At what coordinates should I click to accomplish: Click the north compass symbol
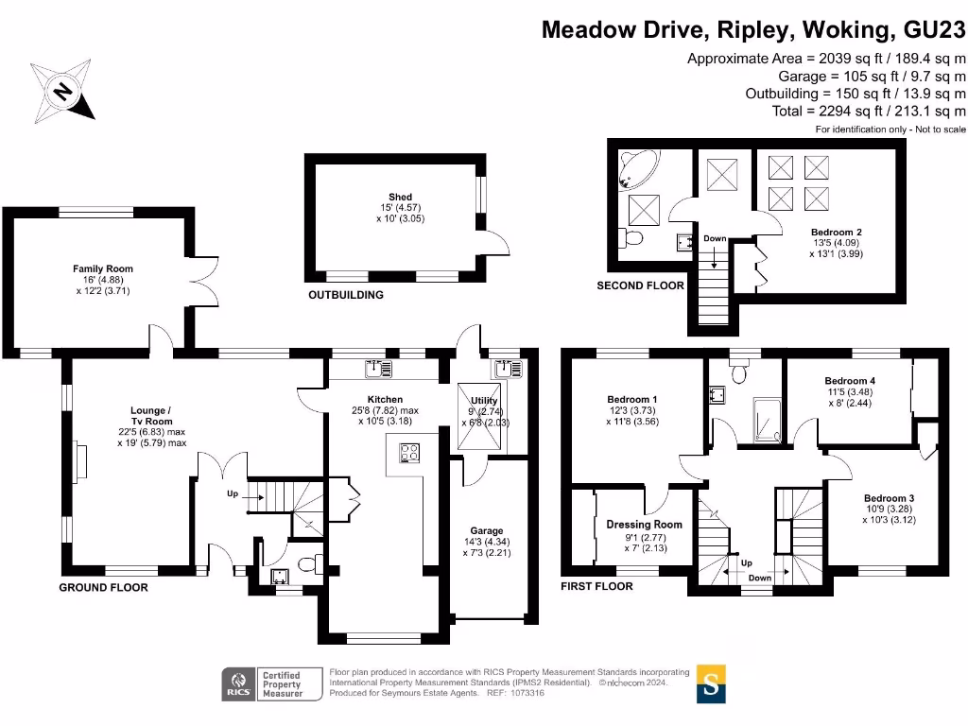click(x=63, y=90)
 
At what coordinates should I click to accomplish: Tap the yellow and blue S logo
click(x=711, y=683)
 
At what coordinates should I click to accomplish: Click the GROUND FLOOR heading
click(x=103, y=587)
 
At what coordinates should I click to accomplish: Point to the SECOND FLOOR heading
click(x=640, y=285)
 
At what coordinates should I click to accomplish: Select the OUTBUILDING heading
click(x=346, y=295)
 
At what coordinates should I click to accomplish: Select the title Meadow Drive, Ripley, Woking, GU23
click(x=753, y=29)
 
